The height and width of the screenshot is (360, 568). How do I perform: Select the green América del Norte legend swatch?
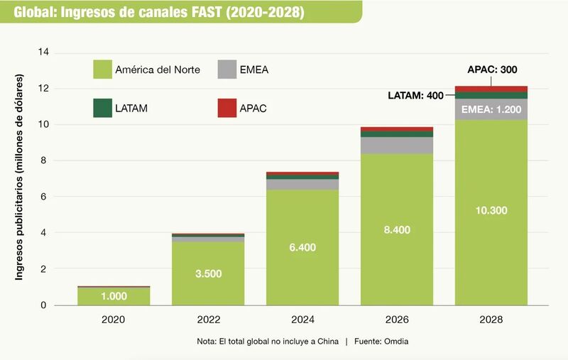pyautogui.click(x=102, y=70)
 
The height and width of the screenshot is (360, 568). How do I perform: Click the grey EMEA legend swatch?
pyautogui.click(x=228, y=70)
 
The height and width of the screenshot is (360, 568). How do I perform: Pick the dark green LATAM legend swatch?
pyautogui.click(x=102, y=108)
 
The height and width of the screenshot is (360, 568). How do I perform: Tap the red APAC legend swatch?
pyautogui.click(x=228, y=108)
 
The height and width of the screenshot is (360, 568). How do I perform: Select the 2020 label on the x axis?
pyautogui.click(x=114, y=320)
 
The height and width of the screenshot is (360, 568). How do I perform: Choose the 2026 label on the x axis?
pyautogui.click(x=396, y=320)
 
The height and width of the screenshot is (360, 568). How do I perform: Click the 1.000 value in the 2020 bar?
pyautogui.click(x=114, y=297)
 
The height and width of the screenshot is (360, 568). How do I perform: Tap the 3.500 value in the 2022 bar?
pyautogui.click(x=208, y=273)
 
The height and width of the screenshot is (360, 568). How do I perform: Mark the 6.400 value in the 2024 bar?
pyautogui.click(x=302, y=248)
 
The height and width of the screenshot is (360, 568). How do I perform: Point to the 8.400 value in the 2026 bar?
pyautogui.click(x=396, y=230)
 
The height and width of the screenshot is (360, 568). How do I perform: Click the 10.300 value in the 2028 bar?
pyautogui.click(x=491, y=211)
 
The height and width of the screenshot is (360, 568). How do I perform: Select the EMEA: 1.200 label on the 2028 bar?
pyautogui.click(x=491, y=109)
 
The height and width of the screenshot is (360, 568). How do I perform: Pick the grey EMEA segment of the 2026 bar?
pyautogui.click(x=396, y=146)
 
